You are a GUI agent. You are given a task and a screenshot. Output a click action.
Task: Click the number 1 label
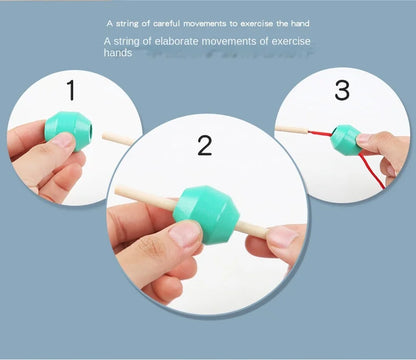click(71, 91)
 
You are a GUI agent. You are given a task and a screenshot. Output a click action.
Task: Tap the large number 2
click(205, 146)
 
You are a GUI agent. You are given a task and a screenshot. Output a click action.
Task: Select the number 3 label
click(343, 91)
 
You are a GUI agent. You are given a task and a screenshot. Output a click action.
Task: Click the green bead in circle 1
click(68, 131)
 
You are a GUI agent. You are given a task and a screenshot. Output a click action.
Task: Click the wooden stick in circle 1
click(118, 138)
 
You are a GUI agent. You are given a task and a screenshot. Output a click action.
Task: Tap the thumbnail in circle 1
click(62, 141)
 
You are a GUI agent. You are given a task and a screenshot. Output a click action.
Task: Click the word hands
click(118, 53)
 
